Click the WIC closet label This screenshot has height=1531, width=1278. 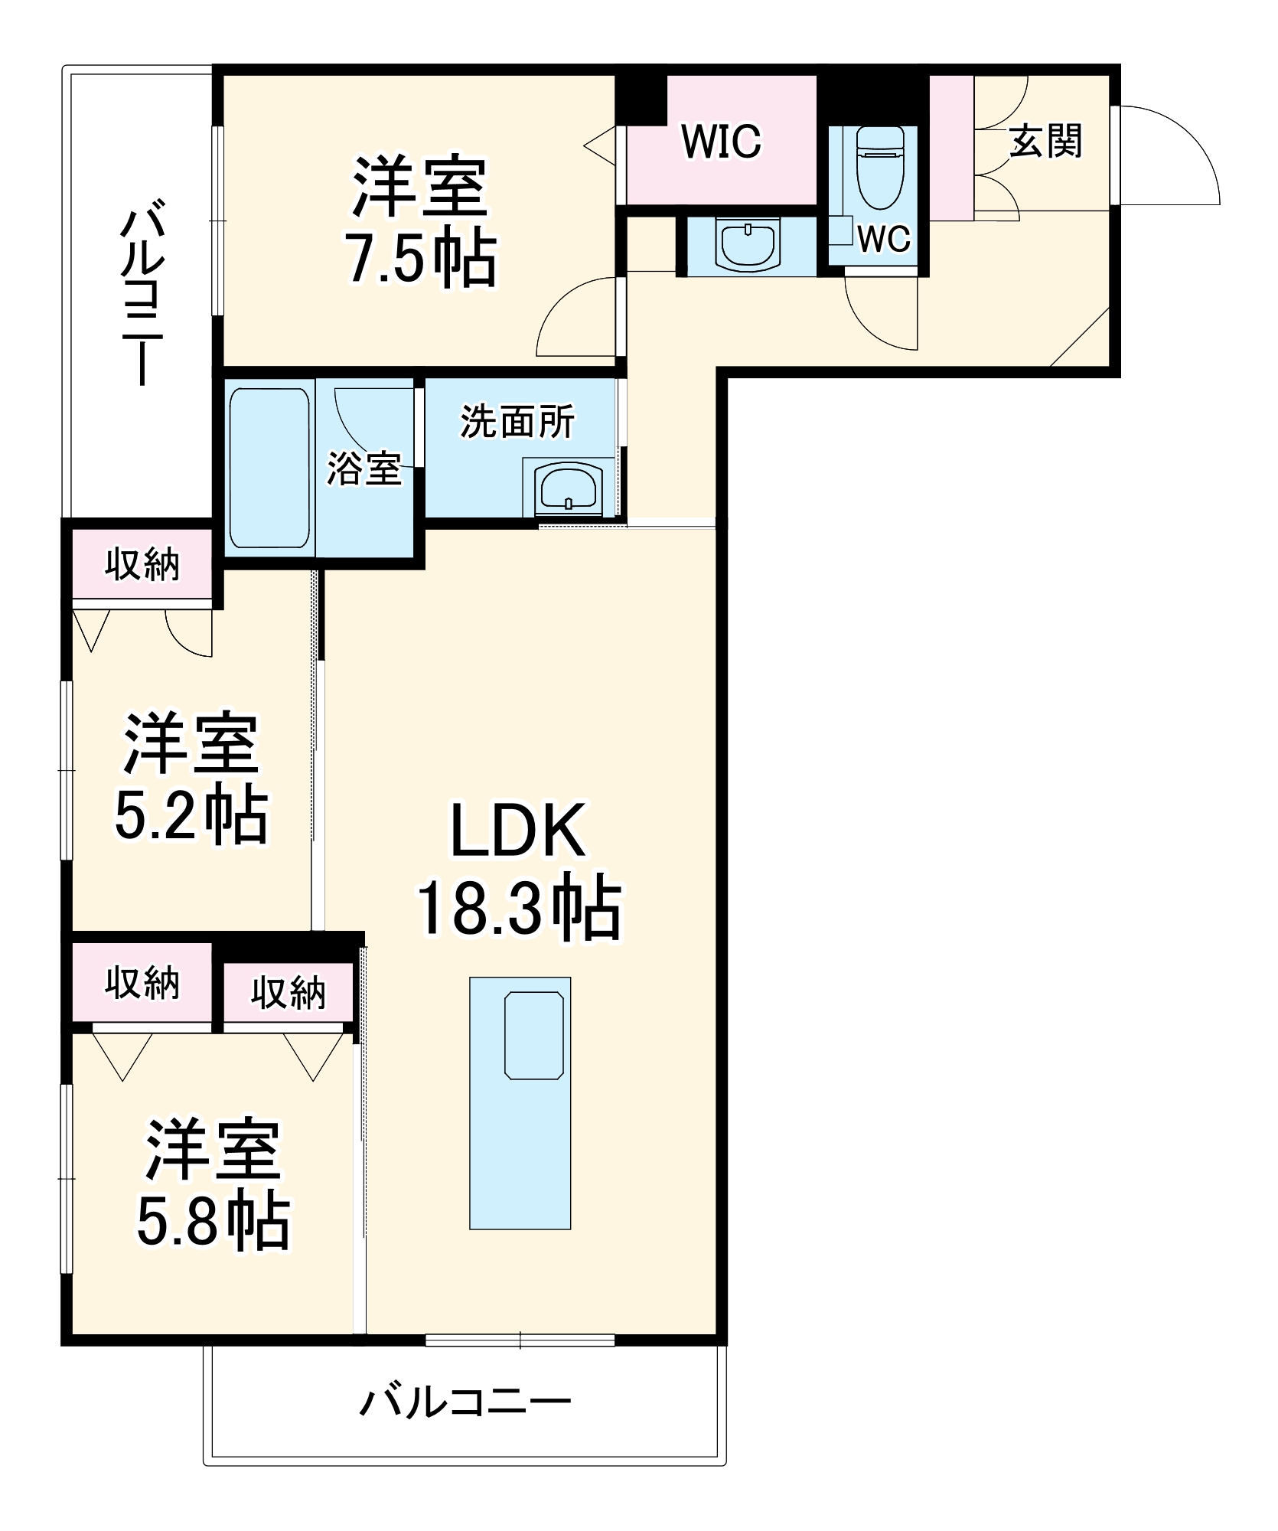pyautogui.click(x=721, y=142)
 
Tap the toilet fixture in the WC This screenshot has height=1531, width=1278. pyautogui.click(x=879, y=168)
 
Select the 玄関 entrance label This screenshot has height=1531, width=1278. pyautogui.click(x=1045, y=142)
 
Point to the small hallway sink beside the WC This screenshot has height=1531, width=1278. pyautogui.click(x=748, y=245)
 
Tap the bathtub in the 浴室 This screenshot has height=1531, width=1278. pyautogui.click(x=269, y=468)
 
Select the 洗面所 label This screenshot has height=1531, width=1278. pyautogui.click(x=517, y=422)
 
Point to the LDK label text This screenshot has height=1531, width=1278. pyautogui.click(x=517, y=831)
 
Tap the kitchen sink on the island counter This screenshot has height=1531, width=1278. pyautogui.click(x=534, y=1035)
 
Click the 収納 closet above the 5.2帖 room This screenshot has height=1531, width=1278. pyautogui.click(x=142, y=565)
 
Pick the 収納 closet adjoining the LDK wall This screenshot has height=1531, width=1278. pyautogui.click(x=289, y=993)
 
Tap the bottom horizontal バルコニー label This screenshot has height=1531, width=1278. pyautogui.click(x=465, y=1402)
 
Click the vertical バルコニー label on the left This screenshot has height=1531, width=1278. pyautogui.click(x=142, y=291)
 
